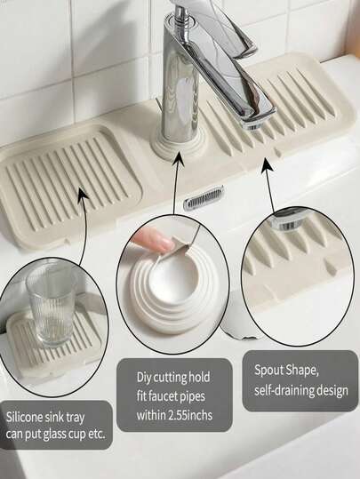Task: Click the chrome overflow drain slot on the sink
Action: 204,197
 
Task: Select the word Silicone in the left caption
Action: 25,417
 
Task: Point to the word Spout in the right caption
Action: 269,371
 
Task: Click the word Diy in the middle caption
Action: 144,378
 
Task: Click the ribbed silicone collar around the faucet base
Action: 179,145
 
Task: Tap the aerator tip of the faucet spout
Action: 253,124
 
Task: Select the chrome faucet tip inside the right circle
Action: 284,222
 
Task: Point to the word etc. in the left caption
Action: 97,435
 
